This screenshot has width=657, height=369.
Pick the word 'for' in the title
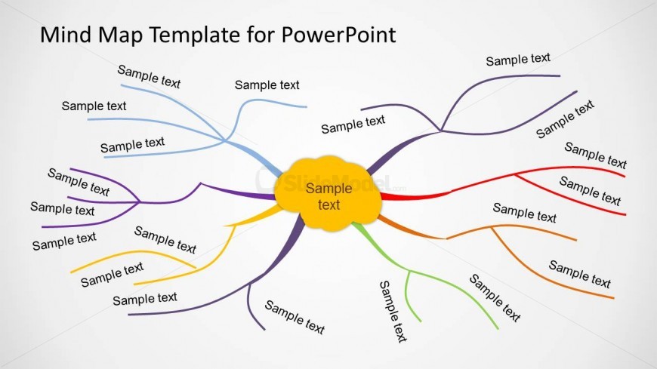(x=261, y=35)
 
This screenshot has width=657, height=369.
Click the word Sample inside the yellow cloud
(x=329, y=189)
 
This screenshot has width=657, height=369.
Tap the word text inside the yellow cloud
(x=329, y=204)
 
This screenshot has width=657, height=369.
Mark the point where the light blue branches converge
(x=226, y=140)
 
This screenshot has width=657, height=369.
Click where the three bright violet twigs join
(x=139, y=203)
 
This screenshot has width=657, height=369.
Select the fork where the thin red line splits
(x=515, y=174)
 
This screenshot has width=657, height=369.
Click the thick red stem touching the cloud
(x=415, y=195)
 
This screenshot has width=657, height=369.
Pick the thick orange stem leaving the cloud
(x=411, y=229)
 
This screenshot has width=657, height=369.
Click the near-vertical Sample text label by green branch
(x=393, y=312)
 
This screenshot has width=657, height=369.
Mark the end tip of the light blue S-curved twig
(x=307, y=107)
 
